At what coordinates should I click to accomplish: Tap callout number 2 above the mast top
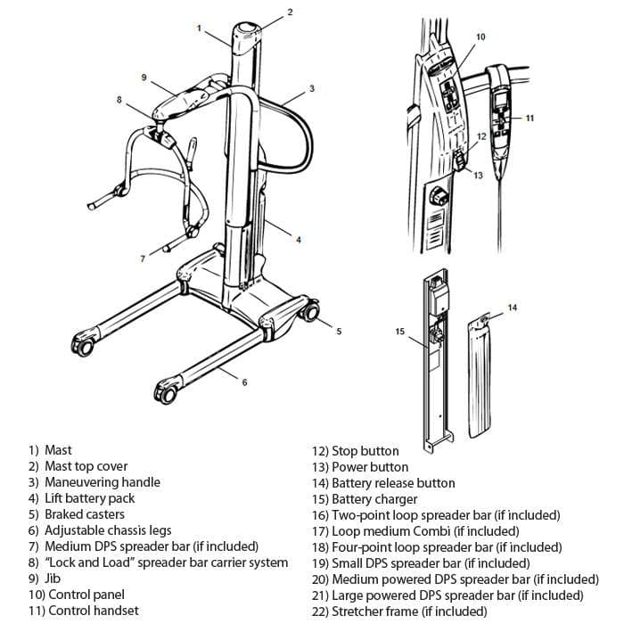(289, 12)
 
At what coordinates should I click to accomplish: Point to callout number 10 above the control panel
(480, 37)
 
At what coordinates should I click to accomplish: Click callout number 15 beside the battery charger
(399, 331)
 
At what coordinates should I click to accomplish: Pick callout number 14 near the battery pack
(512, 308)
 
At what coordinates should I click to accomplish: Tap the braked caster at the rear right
(309, 313)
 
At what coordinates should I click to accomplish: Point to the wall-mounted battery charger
(435, 357)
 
